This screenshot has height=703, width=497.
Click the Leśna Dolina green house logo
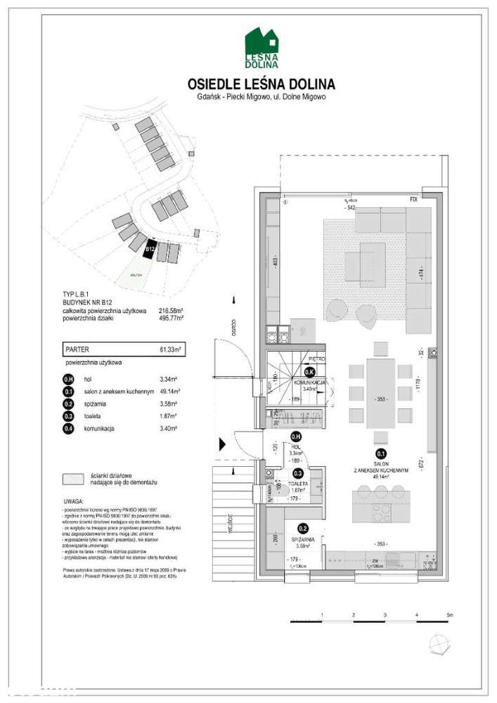[262, 48]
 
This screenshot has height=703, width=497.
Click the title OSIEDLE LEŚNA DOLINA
[262, 85]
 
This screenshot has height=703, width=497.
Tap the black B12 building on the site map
[150, 248]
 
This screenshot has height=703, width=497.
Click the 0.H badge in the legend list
[68, 378]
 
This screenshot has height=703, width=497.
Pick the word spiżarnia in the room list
[97, 404]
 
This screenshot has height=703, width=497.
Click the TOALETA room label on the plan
[302, 484]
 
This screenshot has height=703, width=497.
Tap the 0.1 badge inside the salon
[380, 453]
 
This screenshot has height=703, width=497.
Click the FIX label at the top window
[415, 200]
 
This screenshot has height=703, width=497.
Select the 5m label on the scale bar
[449, 615]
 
